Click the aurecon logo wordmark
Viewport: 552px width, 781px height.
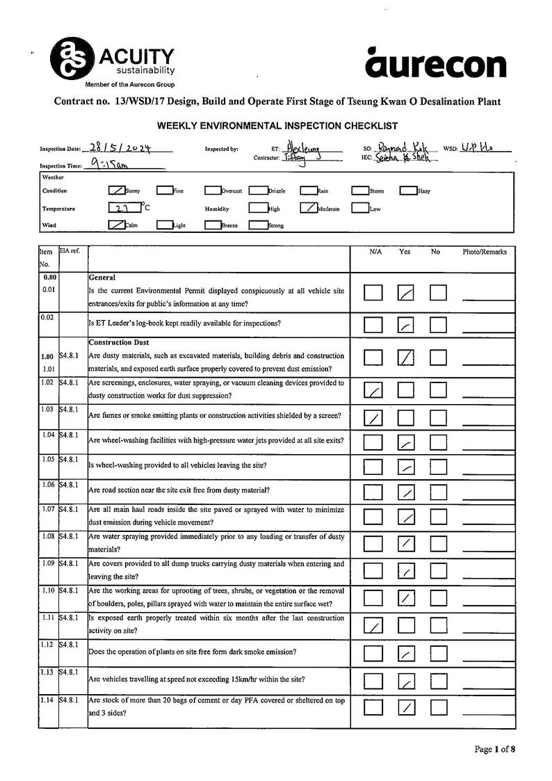pos(436,64)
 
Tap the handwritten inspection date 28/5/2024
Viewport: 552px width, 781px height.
pos(121,148)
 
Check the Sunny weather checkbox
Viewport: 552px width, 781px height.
pos(117,190)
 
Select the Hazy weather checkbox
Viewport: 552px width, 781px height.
pos(407,190)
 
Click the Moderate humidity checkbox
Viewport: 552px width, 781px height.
pos(309,207)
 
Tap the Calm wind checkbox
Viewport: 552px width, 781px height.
pos(117,225)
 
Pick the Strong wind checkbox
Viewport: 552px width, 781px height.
pos(258,225)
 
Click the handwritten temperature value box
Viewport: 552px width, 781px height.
pos(123,207)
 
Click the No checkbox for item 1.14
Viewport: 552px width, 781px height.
pos(439,707)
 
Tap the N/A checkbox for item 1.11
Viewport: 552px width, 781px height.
pos(373,627)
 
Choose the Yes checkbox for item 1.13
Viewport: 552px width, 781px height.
pos(406,681)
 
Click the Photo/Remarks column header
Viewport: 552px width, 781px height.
pos(485,252)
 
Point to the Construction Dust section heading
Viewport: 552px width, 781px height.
pos(118,342)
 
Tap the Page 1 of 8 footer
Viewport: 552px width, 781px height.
pos(495,749)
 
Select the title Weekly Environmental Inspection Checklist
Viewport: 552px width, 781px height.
pos(277,126)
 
